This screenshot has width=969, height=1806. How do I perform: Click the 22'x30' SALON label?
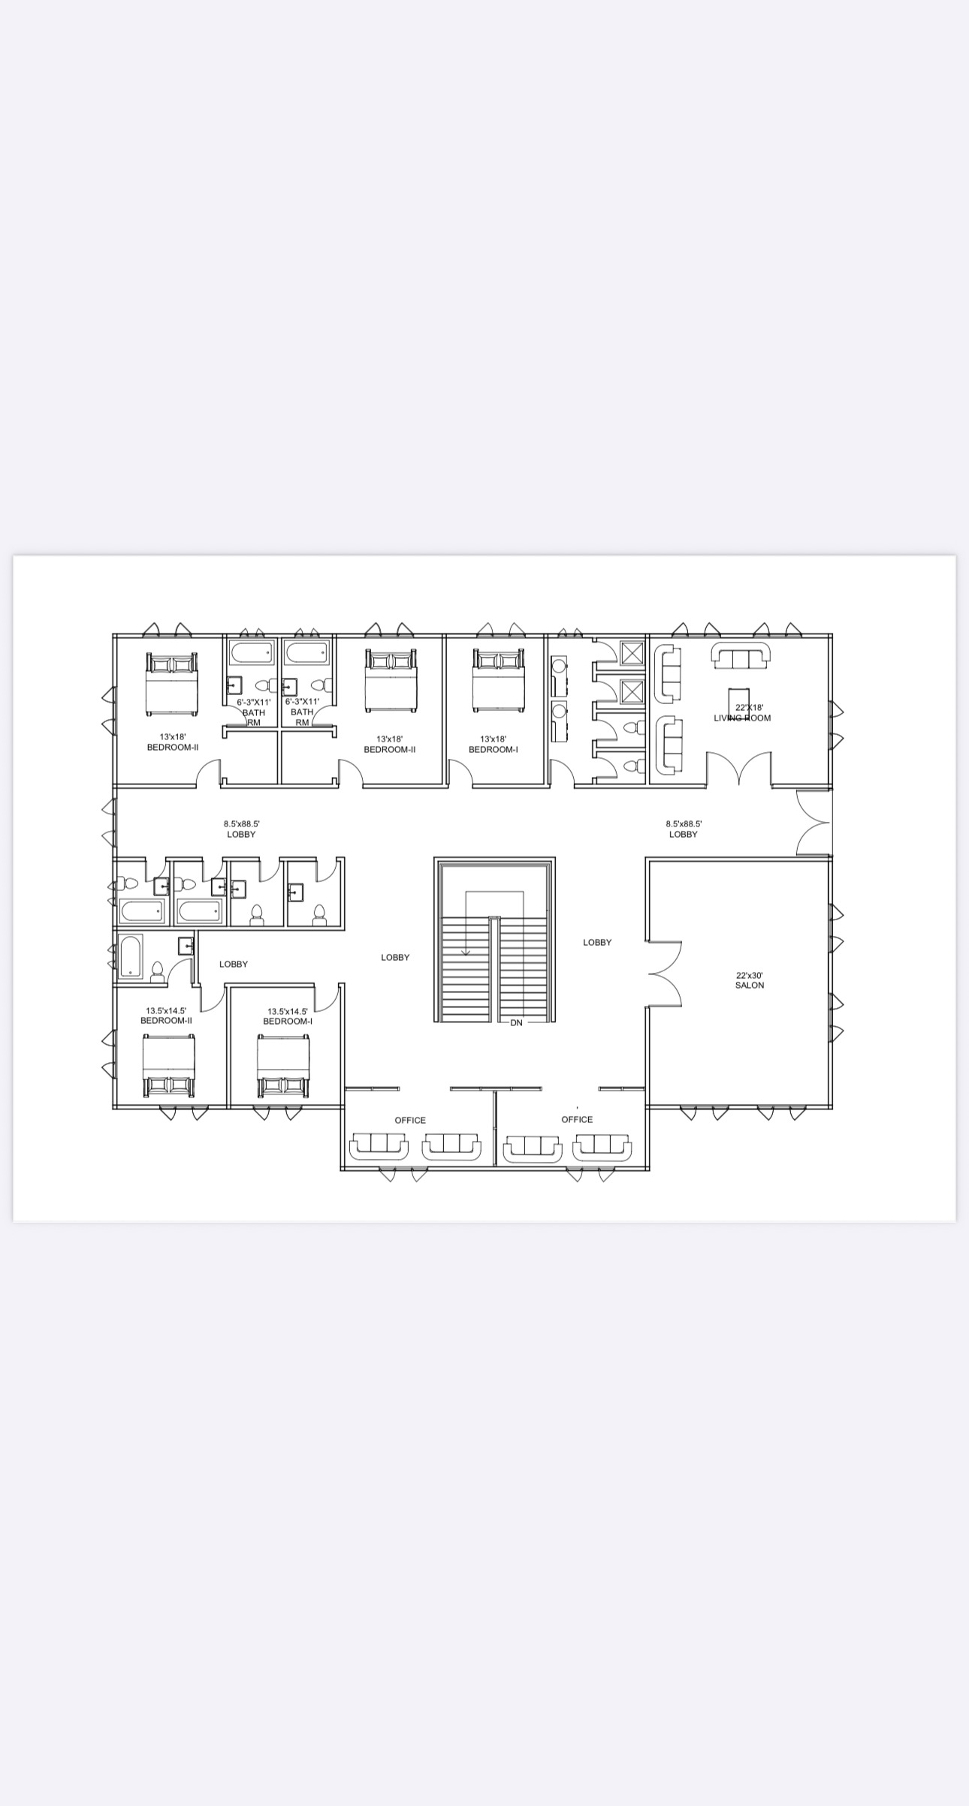pos(749,980)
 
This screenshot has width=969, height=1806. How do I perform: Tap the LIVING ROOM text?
pos(742,718)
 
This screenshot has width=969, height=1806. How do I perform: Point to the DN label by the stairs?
pos(516,1022)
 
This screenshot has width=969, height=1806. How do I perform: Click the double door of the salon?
pos(665,973)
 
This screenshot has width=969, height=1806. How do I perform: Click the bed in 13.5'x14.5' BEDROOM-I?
pos(283,1066)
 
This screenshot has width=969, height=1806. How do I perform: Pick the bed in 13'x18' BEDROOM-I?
pos(498,680)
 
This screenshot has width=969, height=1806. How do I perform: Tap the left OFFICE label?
pos(410,1120)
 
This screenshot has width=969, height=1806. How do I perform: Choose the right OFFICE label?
pos(577,1119)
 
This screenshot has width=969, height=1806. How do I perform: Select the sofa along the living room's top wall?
pos(741,655)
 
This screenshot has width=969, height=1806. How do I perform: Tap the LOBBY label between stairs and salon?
pos(597,942)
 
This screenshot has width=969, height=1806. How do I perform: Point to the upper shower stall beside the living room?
pos(632,652)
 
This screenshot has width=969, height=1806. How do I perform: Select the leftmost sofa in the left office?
pos(379,1146)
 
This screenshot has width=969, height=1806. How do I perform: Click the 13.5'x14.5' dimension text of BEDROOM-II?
pos(166,1011)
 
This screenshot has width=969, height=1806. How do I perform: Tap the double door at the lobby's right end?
pos(814,823)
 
